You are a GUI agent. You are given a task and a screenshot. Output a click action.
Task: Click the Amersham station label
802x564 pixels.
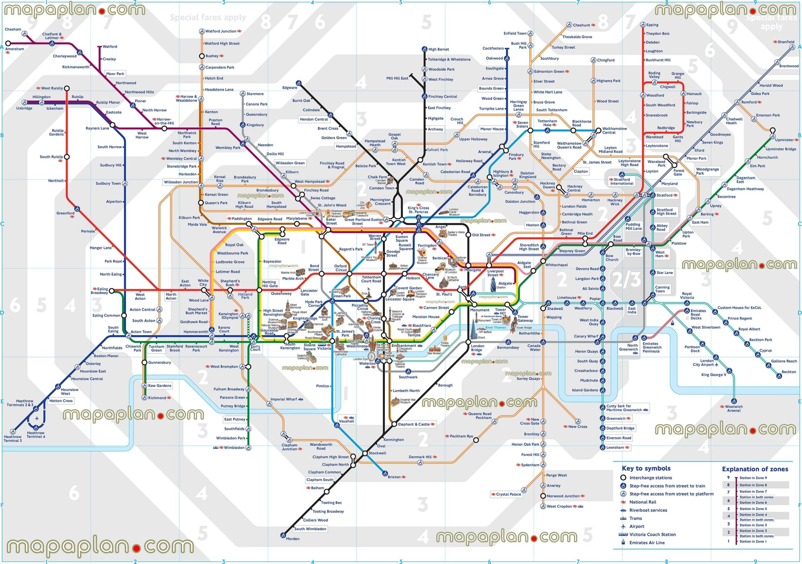[15, 49]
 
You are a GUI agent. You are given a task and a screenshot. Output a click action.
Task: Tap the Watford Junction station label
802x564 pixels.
[221, 31]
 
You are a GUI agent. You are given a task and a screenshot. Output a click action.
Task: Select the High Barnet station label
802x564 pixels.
[439, 49]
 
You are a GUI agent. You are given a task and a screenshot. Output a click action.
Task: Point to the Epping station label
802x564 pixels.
[652, 25]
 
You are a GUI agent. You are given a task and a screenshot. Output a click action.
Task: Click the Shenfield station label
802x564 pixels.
[786, 42]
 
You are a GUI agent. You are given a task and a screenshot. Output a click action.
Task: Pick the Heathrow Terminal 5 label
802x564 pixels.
[13, 439]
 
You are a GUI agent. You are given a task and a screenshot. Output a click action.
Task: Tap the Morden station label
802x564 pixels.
[293, 539]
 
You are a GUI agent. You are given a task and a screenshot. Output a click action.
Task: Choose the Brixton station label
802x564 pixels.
[394, 477]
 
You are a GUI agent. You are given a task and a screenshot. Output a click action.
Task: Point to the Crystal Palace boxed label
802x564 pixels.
[508, 494]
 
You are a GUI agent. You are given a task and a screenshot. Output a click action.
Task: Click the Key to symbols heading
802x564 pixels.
[646, 468]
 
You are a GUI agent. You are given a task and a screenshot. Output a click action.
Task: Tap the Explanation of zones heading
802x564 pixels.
[755, 469]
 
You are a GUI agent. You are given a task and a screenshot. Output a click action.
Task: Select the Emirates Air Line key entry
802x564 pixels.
[647, 543]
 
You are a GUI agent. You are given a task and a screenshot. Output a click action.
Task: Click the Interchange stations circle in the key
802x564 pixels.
[623, 478]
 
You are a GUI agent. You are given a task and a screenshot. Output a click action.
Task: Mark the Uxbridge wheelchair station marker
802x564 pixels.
[24, 103]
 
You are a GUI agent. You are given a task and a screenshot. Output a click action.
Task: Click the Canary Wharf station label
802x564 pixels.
[586, 336]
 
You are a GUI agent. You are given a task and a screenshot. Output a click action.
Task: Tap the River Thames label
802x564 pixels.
[495, 327]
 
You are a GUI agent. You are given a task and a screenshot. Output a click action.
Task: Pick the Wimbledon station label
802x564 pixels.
[234, 448]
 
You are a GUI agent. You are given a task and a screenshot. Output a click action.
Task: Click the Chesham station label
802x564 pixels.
[13, 29]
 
